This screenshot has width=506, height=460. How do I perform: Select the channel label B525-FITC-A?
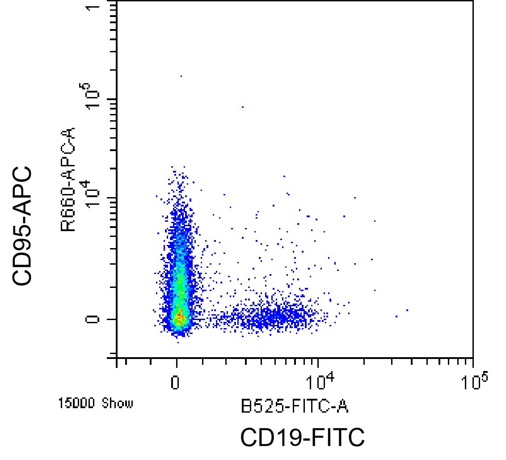coord(295,406)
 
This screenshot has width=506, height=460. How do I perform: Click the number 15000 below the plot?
coord(78,404)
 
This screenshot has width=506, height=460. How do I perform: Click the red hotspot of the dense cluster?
coord(179,318)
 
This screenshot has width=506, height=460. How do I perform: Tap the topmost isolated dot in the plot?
coord(181,76)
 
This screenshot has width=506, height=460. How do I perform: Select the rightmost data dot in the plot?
coord(407,310)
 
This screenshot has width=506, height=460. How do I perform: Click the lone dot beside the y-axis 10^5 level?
coord(242,107)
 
